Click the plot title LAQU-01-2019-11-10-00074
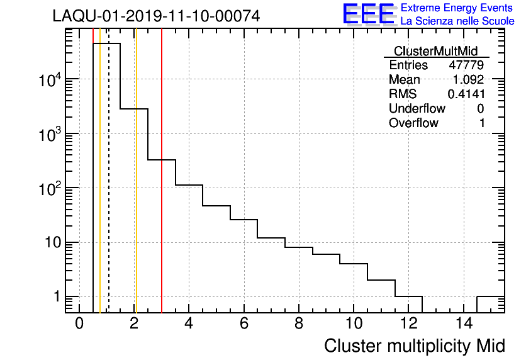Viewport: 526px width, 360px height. click(156, 16)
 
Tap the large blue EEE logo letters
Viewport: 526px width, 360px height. click(368, 14)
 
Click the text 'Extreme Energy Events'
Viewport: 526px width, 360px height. click(457, 8)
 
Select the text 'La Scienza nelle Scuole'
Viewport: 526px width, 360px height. click(457, 21)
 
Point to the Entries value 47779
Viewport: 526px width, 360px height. click(466, 65)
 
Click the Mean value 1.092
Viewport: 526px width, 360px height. click(468, 80)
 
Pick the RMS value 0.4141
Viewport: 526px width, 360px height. click(466, 94)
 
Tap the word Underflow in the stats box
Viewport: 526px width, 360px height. click(417, 109)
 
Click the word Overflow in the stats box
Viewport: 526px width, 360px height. click(413, 123)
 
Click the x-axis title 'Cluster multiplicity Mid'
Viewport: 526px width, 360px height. click(415, 346)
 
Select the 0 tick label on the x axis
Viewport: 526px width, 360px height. click(79, 323)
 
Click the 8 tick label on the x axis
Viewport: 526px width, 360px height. click(299, 323)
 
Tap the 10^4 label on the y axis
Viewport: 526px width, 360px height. click(48, 80)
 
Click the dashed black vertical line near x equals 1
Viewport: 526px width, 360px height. click(109, 189)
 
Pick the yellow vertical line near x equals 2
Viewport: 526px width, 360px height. click(136, 189)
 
